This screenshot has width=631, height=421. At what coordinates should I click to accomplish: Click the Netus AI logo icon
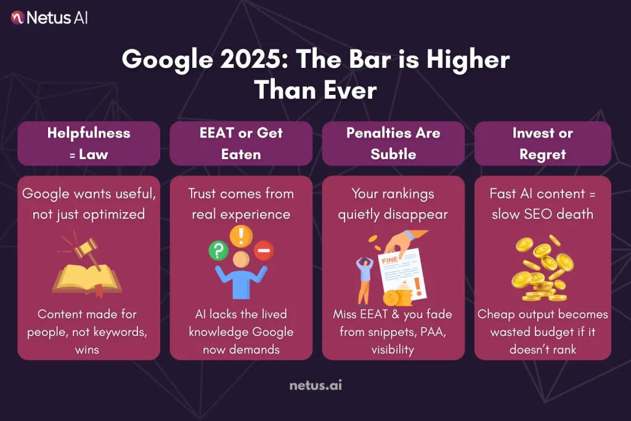[x=17, y=17]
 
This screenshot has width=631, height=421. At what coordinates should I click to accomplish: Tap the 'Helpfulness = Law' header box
[x=89, y=143]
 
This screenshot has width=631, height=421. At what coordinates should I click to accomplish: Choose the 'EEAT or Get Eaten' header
[x=242, y=143]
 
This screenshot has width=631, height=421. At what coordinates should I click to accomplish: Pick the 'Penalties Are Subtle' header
[x=393, y=143]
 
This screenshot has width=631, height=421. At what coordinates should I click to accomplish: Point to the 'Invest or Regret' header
[x=542, y=143]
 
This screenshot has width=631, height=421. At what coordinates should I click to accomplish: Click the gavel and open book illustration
[x=87, y=266]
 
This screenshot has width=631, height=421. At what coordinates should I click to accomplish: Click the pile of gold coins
[x=542, y=268]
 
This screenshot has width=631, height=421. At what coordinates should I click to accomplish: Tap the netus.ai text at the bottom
[x=315, y=386]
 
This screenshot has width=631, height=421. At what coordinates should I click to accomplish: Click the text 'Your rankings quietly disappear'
[x=393, y=203]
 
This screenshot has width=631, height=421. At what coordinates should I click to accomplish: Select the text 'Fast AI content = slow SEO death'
[x=542, y=203]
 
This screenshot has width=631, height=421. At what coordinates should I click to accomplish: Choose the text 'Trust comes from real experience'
[x=241, y=203]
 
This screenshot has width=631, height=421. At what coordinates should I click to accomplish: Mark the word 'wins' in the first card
[x=89, y=349]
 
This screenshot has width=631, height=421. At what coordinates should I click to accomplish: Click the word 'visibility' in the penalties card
[x=393, y=349]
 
